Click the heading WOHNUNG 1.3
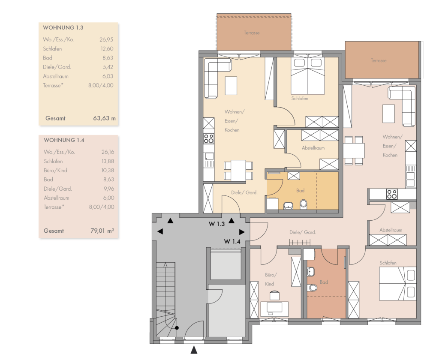pyautogui.click(x=63, y=27)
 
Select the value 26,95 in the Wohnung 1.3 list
pyautogui.click(x=106, y=39)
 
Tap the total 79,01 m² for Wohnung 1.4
pyautogui.click(x=102, y=231)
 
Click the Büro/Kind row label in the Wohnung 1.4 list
pyautogui.click(x=55, y=170)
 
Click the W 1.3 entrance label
pyautogui.click(x=216, y=224)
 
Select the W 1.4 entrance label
pyautogui.click(x=232, y=241)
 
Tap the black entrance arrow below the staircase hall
pyautogui.click(x=194, y=350)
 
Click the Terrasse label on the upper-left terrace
pyautogui.click(x=252, y=33)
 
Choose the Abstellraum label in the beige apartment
pyautogui.click(x=313, y=148)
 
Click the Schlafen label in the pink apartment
pyautogui.click(x=388, y=263)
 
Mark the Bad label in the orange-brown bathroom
pyautogui.click(x=324, y=282)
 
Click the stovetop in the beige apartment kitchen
pyautogui.click(x=209, y=138)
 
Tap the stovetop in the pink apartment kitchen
pyautogui.click(x=392, y=194)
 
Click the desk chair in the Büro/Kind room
pyautogui.click(x=275, y=295)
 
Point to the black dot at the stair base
pyautogui.click(x=177, y=328)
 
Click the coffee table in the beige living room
pyautogui.click(x=231, y=86)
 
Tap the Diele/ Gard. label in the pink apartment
pyautogui.click(x=302, y=232)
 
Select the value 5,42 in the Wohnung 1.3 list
pyautogui.click(x=108, y=67)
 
